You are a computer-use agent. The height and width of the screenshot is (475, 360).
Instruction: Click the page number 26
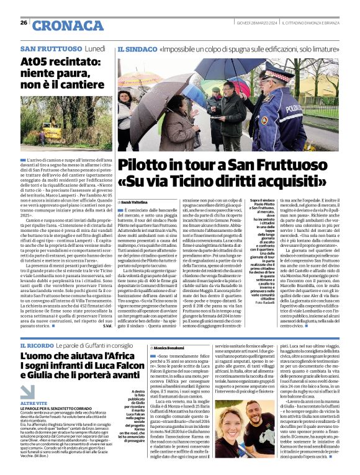(x=24, y=22)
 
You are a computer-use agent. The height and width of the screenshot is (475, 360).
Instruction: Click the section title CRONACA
(x=60, y=25)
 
